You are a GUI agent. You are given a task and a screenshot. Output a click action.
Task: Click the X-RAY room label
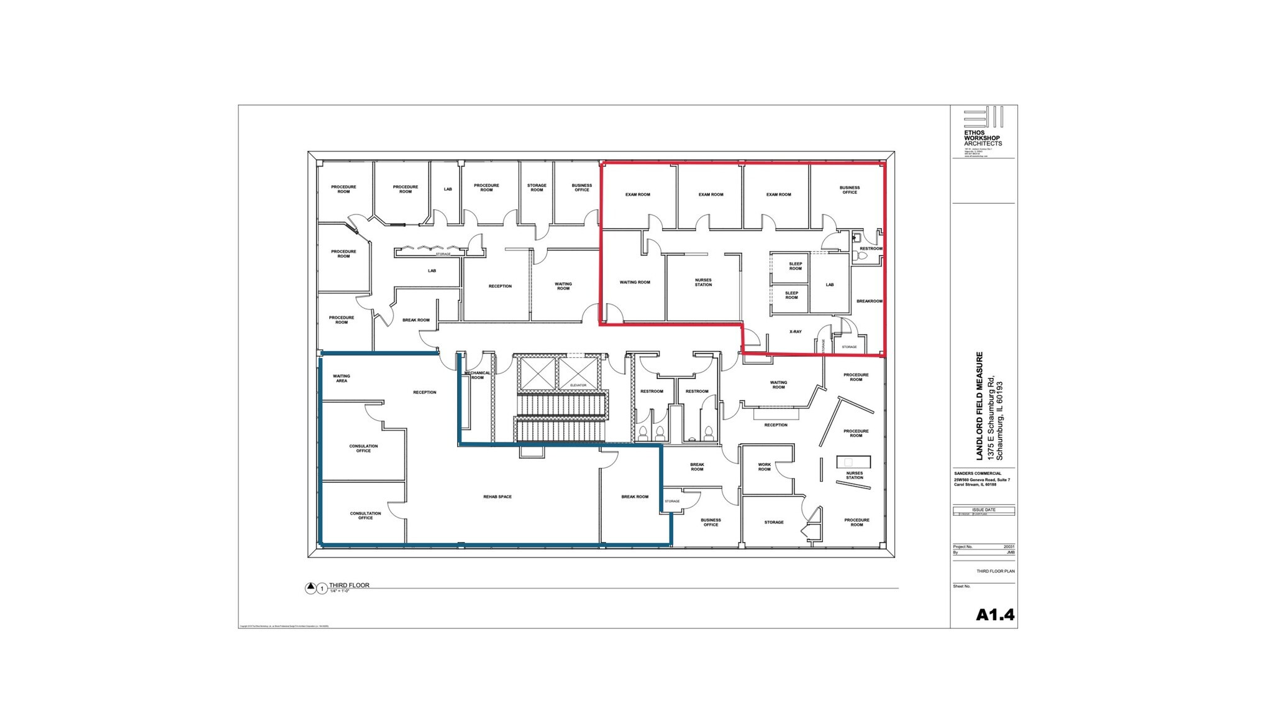(x=795, y=332)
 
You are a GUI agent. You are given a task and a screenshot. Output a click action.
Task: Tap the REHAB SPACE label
(x=497, y=497)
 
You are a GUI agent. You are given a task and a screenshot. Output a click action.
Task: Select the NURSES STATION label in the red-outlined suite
(x=703, y=282)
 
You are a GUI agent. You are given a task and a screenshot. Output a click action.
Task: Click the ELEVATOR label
(x=578, y=385)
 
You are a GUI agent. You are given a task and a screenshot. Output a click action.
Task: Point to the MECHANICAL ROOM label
(x=477, y=375)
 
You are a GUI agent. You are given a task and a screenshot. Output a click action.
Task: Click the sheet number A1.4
(x=995, y=615)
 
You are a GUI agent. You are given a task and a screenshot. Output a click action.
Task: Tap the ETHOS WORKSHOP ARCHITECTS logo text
(x=982, y=138)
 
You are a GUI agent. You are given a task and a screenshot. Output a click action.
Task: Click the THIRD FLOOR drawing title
(x=349, y=585)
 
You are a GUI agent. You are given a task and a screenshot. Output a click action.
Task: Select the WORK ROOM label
(x=764, y=467)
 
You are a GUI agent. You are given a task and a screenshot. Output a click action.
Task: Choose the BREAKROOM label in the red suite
(x=869, y=301)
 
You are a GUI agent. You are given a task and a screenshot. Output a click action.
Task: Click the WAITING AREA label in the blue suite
(x=341, y=378)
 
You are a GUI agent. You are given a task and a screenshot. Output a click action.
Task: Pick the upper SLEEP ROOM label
(x=795, y=266)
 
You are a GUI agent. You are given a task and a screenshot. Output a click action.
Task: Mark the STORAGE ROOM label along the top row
(x=537, y=187)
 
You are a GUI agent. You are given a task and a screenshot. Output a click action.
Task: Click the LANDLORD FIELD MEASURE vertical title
(x=980, y=405)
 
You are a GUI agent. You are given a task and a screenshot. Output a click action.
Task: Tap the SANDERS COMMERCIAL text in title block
(x=978, y=474)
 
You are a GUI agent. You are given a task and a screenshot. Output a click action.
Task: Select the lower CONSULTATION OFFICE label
(x=365, y=515)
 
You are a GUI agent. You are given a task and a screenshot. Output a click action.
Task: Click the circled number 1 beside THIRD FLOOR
(x=322, y=589)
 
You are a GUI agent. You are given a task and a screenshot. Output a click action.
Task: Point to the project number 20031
(x=1009, y=547)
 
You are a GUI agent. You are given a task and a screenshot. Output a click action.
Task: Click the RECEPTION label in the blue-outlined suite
(x=424, y=392)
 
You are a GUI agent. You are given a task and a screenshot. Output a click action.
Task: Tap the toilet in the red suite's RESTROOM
(x=862, y=255)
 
